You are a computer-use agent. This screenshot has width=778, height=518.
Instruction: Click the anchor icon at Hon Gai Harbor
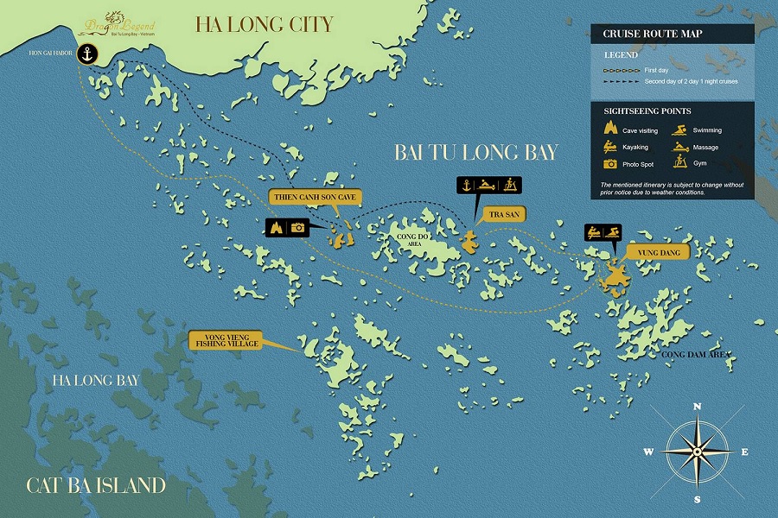86,54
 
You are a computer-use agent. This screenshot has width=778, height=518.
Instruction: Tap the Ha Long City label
264,23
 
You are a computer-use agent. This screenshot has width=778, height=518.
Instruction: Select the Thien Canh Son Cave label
315,197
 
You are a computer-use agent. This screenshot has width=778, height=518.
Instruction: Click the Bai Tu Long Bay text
475,152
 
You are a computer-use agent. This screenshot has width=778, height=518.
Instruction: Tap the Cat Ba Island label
96,484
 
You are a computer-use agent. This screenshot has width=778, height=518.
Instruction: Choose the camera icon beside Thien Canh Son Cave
298,228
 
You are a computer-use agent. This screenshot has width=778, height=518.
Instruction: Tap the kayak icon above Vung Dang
595,231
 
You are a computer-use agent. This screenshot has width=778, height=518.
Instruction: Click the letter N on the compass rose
697,405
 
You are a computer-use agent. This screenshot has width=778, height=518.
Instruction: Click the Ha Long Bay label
95,380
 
